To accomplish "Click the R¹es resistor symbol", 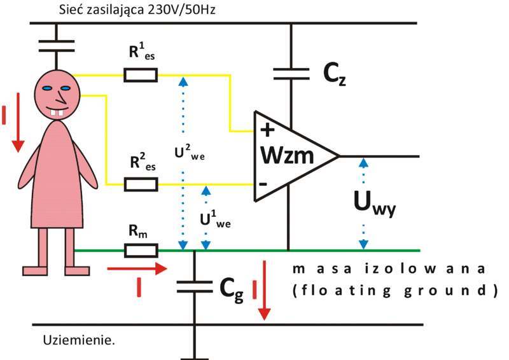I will [140, 76].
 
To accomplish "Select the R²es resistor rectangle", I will [140, 184].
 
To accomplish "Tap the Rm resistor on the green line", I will [140, 250].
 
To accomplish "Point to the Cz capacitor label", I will [333, 76].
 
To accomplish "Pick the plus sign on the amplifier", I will [268, 131].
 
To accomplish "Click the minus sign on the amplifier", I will [263, 184].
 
